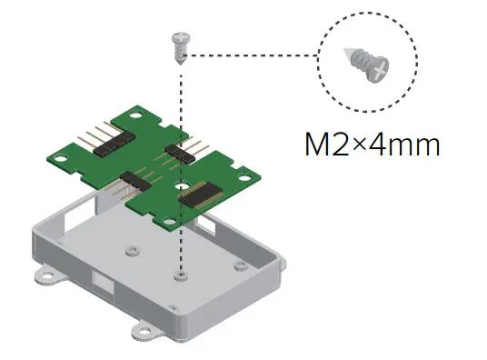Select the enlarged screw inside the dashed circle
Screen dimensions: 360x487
pos(366,66)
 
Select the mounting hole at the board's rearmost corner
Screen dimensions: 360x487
pos(135,116)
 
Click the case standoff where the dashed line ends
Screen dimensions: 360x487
pos(183,275)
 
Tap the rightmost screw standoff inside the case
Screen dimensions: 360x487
pos(238,265)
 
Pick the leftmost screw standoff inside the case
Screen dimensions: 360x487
pos(133,246)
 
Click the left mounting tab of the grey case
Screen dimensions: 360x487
pos(42,271)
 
